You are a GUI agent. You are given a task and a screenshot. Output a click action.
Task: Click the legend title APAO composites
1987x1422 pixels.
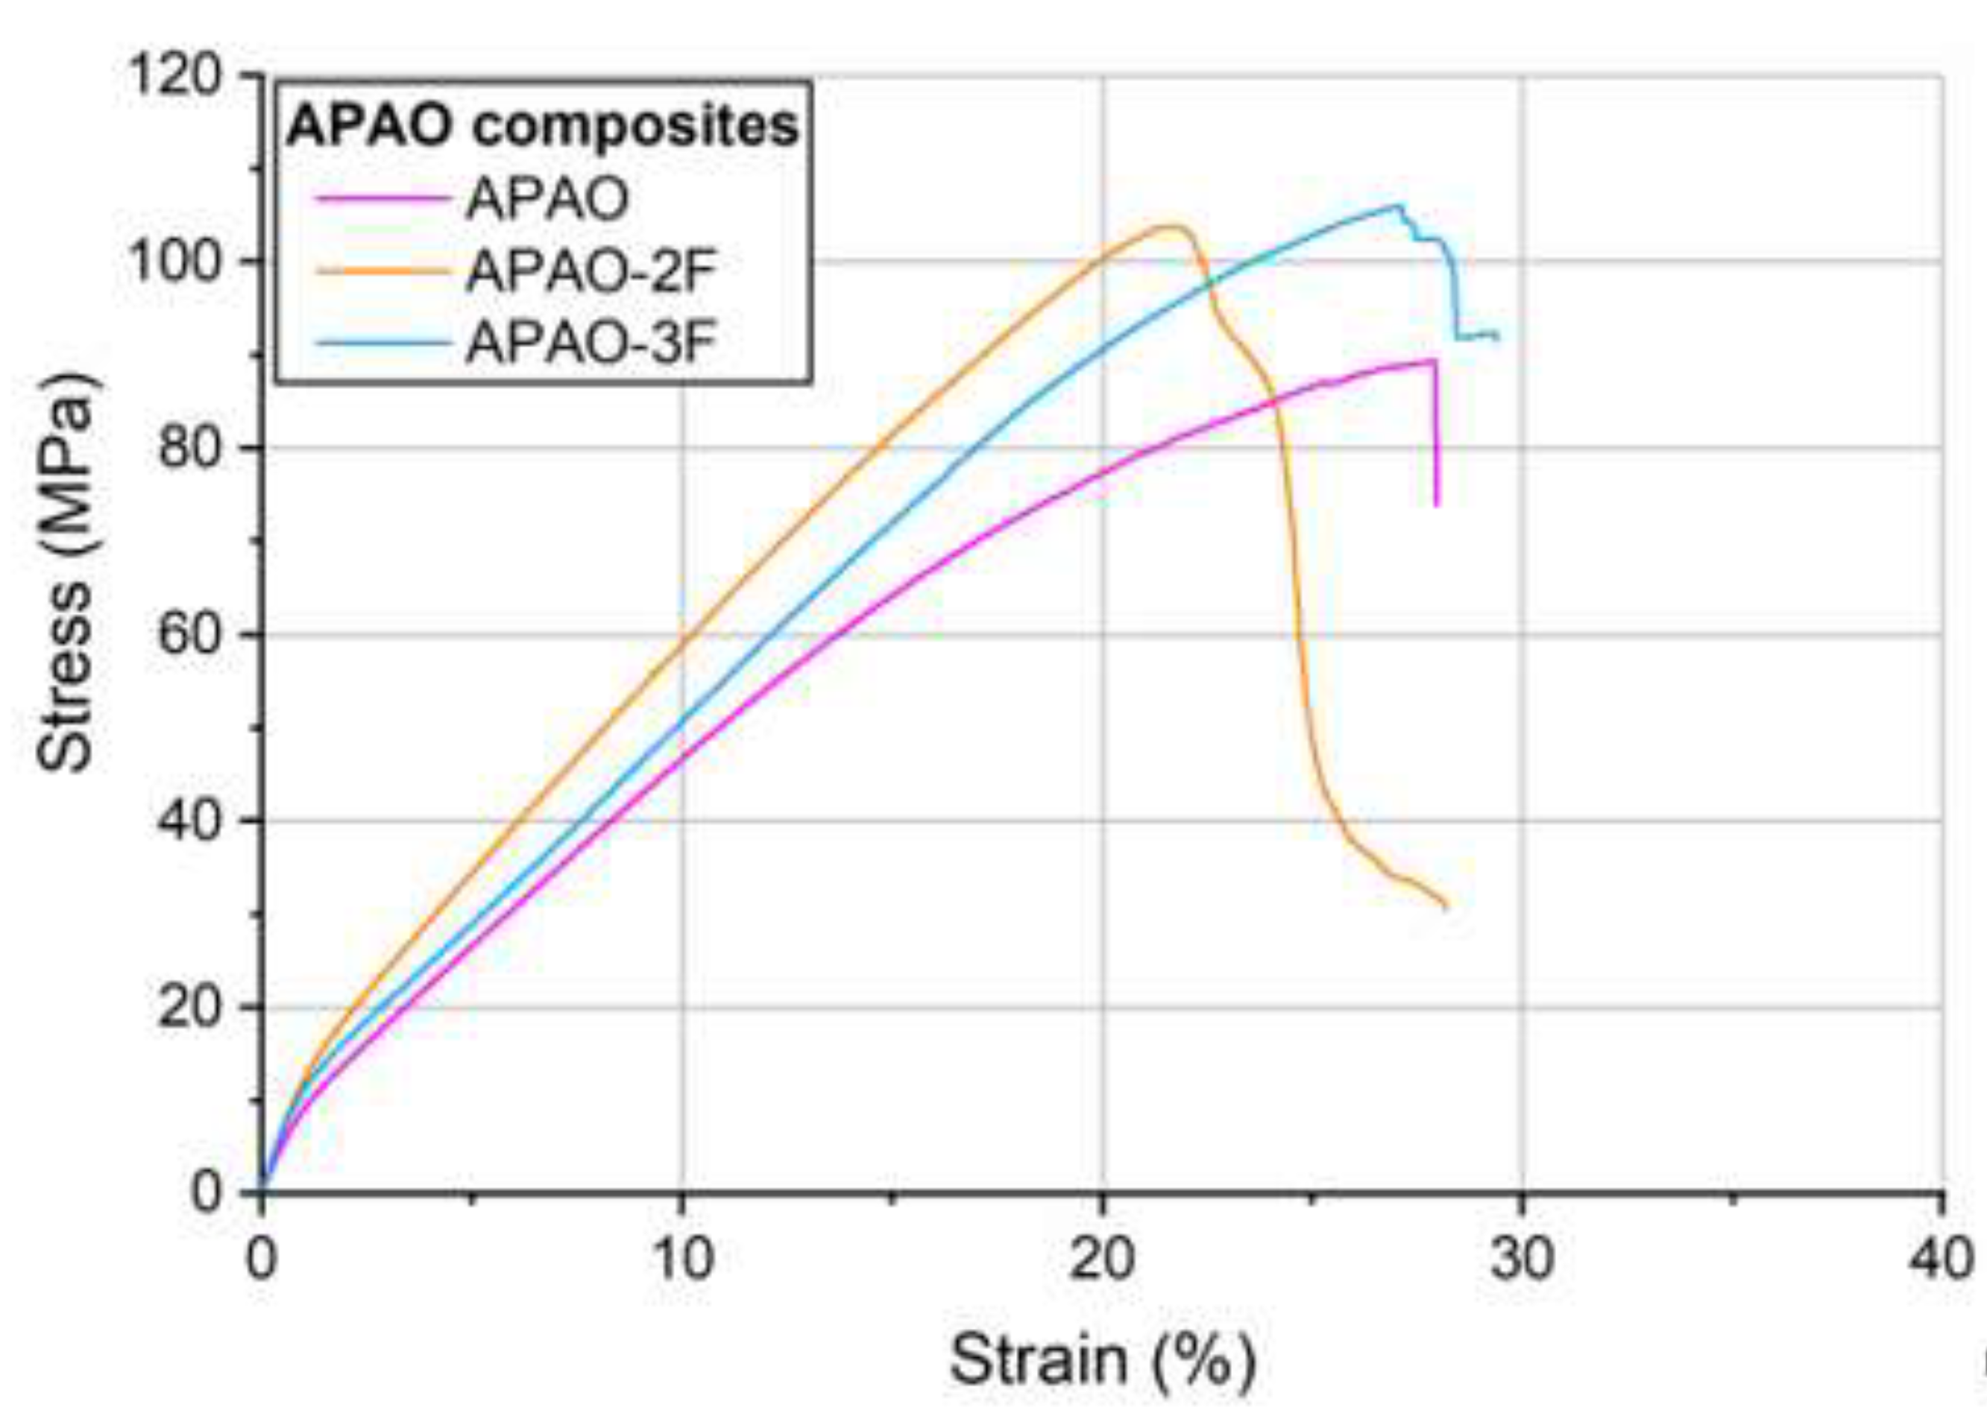coord(542,127)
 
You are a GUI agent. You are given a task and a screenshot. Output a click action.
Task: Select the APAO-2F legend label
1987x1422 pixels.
coord(591,271)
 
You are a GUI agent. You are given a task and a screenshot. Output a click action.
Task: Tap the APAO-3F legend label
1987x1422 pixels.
coord(591,342)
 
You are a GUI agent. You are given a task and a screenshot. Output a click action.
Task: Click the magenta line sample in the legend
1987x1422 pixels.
coord(382,200)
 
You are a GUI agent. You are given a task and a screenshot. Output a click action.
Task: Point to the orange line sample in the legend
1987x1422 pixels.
coord(382,271)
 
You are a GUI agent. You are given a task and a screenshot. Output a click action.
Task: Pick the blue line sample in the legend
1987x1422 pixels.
coord(382,342)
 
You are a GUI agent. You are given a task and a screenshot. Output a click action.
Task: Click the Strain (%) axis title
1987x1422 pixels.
coord(1103,1361)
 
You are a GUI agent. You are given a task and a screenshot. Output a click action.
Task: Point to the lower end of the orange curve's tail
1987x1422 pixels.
coord(1446,907)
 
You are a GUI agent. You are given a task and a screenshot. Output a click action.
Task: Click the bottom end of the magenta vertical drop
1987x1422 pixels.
coord(1436,505)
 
